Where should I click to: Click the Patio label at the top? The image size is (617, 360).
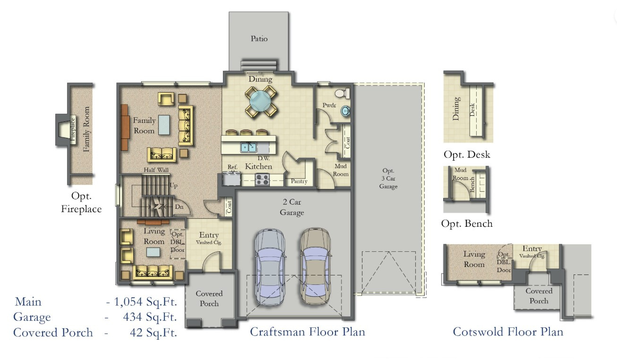pyautogui.click(x=259, y=38)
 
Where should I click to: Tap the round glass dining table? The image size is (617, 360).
pyautogui.click(x=260, y=100)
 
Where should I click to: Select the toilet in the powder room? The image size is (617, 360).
pyautogui.click(x=341, y=93)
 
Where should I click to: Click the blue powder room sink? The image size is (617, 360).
pyautogui.click(x=345, y=111)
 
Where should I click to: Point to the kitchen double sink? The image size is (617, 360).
pyautogui.click(x=249, y=147)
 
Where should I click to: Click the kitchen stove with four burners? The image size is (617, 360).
pyautogui.click(x=262, y=180)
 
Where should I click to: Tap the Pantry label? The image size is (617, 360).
pyautogui.click(x=299, y=181)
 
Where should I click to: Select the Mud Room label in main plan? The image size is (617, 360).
pyautogui.click(x=341, y=170)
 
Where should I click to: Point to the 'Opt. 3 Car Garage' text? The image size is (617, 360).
pyautogui.click(x=389, y=178)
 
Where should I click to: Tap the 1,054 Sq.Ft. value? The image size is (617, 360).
pyautogui.click(x=141, y=302)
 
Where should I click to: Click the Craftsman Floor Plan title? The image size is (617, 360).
pyautogui.click(x=307, y=332)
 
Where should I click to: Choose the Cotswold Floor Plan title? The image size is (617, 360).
pyautogui.click(x=508, y=332)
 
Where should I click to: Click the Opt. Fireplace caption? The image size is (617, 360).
pyautogui.click(x=81, y=202)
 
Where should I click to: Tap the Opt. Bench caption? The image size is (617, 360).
pyautogui.click(x=467, y=223)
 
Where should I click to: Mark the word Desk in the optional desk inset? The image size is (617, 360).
pyautogui.click(x=472, y=110)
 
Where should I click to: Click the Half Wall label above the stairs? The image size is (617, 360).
pyautogui.click(x=156, y=170)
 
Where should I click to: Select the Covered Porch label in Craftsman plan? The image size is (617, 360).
pyautogui.click(x=209, y=298)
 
